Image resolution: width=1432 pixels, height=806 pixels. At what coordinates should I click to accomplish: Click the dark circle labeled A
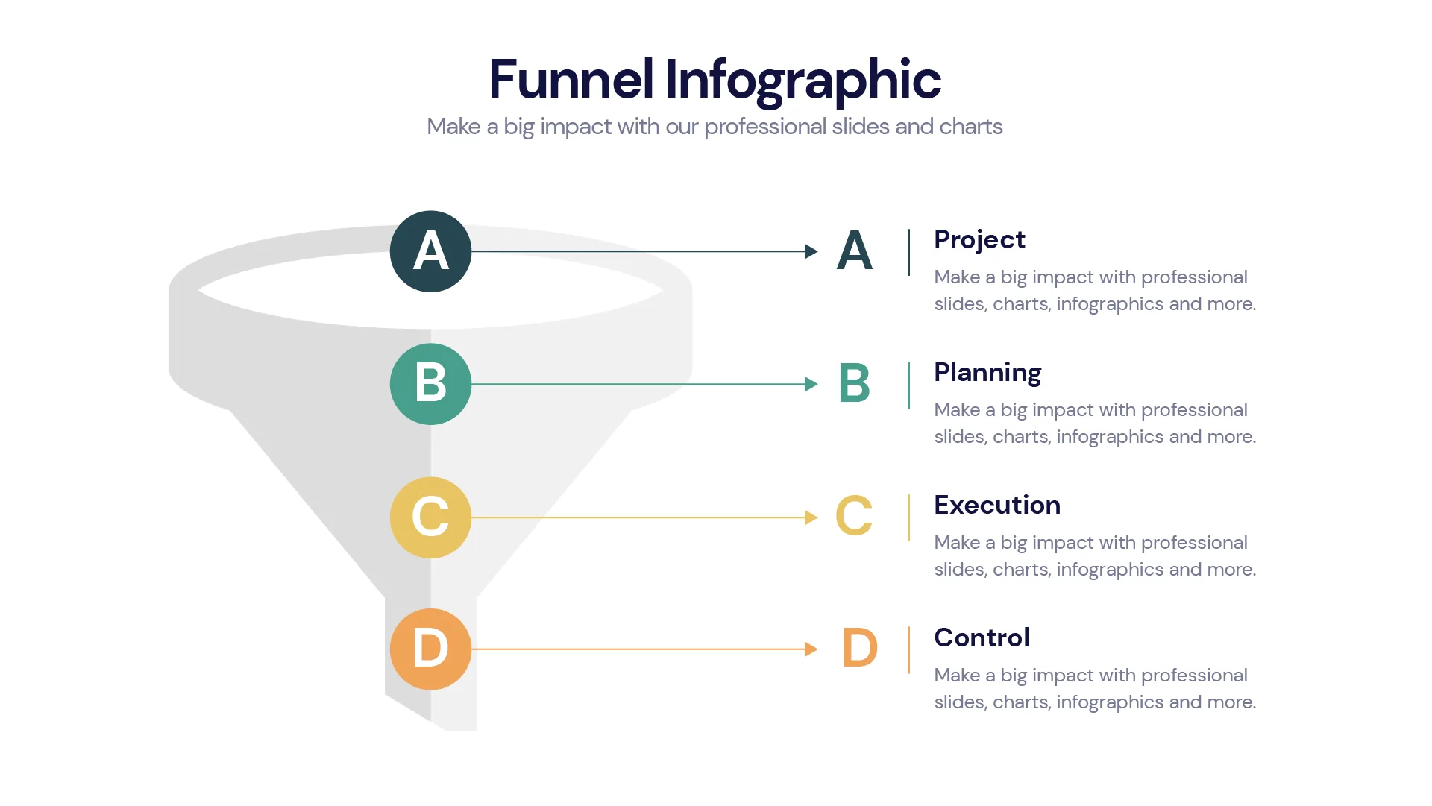[x=430, y=251]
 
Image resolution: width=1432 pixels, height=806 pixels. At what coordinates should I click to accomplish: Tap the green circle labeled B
[x=430, y=384]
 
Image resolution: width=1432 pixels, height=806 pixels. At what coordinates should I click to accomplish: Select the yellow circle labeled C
[x=430, y=517]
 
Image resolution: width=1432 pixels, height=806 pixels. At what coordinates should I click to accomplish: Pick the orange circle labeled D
[x=430, y=649]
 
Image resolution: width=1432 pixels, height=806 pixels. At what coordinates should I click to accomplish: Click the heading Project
[x=979, y=240]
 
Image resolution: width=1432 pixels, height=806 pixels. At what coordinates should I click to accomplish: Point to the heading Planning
[x=987, y=373]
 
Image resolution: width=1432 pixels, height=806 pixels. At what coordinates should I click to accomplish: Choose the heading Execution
[x=997, y=506]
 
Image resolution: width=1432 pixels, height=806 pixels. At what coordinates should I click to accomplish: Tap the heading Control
[x=982, y=638]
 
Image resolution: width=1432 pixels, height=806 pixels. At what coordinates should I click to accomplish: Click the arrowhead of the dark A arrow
[x=811, y=251]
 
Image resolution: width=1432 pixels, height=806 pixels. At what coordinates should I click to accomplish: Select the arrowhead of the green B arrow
[x=811, y=384]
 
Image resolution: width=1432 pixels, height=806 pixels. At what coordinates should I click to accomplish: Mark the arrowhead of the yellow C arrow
[x=811, y=517]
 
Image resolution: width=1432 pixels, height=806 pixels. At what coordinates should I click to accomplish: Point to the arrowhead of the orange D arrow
[x=811, y=649]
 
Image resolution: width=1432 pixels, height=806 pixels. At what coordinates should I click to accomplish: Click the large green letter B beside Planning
[x=854, y=383]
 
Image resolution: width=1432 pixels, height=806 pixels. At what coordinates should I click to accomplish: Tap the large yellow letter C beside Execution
[x=854, y=515]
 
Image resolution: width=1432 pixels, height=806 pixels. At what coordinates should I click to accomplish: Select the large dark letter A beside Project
[x=854, y=251]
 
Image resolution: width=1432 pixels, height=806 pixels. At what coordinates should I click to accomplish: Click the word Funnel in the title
[x=571, y=79]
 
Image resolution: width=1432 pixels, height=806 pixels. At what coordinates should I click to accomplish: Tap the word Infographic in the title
[x=803, y=81]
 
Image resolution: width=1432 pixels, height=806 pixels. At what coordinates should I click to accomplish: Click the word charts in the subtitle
[x=970, y=127]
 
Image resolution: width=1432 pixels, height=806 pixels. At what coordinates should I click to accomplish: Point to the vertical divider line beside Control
[x=909, y=650]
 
